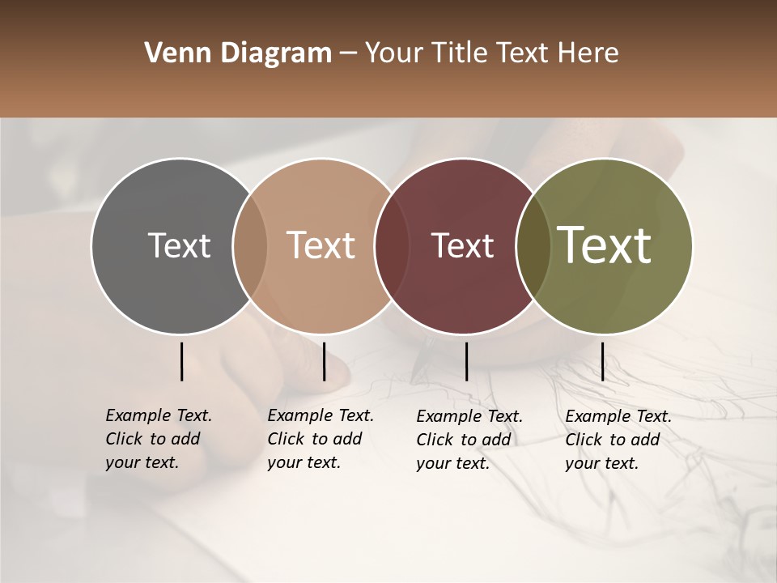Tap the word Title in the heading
click(459, 53)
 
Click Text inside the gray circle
click(179, 246)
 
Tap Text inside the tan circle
click(321, 246)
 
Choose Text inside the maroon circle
click(462, 246)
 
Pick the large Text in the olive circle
click(605, 245)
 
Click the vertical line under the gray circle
click(181, 361)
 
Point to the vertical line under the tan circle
click(324, 361)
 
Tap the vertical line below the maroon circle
click(466, 361)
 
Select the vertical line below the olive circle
click(602, 361)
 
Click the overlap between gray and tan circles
click(250, 246)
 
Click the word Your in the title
click(394, 53)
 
